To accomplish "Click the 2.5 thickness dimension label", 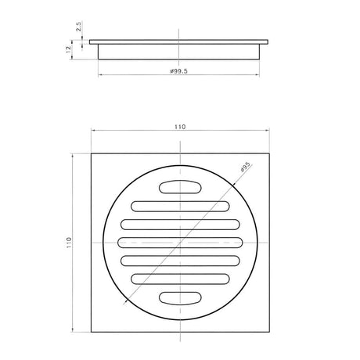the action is coord(79,27).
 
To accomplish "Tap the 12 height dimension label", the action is coord(68,49).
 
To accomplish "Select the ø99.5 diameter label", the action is coord(178,71).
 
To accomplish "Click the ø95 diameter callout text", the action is coord(245,167).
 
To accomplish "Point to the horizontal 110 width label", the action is coord(180,127).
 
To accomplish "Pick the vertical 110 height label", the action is coord(69,243).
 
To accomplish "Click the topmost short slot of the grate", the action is coord(180,187).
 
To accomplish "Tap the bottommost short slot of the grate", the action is coord(180,298).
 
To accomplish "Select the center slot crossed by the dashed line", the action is coord(180,243).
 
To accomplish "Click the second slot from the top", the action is coord(180,207).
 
